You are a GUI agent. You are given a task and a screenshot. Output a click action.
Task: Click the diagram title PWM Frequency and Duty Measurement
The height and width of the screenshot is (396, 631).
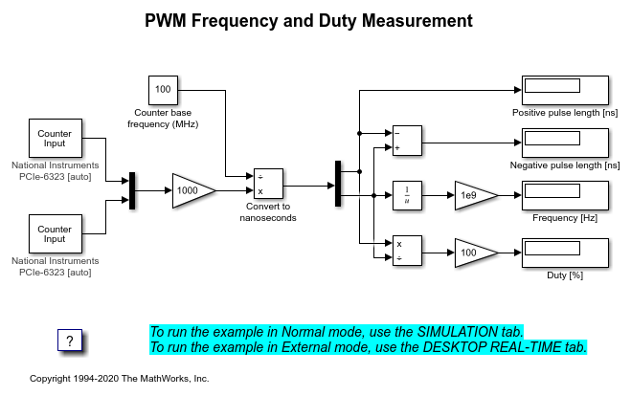tap(307, 20)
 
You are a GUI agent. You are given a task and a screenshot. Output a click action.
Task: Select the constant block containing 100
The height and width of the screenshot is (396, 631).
tap(163, 90)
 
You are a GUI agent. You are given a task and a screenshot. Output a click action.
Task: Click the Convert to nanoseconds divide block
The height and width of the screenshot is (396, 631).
tap(268, 184)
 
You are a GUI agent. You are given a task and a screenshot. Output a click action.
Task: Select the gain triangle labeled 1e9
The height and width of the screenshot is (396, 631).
tap(474, 195)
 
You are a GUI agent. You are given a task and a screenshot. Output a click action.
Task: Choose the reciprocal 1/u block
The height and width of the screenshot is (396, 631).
tap(407, 195)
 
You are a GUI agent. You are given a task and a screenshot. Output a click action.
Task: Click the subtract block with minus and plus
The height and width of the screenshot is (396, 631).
tap(407, 140)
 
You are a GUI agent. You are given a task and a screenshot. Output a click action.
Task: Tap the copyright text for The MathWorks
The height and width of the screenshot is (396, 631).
tap(120, 379)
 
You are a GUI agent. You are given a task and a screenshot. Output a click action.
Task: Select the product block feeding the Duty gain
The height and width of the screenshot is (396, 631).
tap(407, 252)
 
